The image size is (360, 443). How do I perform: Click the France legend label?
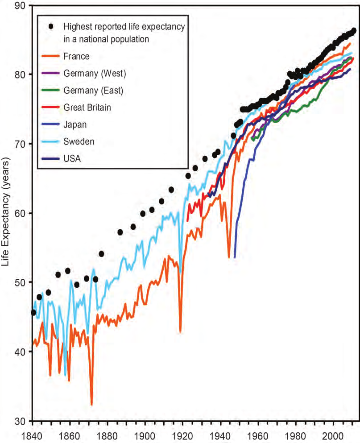(76, 56)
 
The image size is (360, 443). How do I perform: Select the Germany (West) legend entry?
(95, 73)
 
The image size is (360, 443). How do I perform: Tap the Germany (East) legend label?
(93, 90)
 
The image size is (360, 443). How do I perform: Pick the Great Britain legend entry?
(87, 108)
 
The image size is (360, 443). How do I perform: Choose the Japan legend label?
(74, 124)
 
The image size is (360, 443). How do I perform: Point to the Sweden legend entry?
(79, 141)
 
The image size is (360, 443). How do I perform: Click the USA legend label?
(72, 158)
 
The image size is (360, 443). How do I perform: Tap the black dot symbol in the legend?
(51, 27)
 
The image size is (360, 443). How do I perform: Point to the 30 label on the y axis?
(21, 421)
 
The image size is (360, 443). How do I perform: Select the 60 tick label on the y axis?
(21, 213)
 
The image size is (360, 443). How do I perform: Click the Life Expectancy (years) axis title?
(6, 213)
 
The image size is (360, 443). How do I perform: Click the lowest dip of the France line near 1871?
(91, 404)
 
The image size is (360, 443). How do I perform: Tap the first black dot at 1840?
(33, 312)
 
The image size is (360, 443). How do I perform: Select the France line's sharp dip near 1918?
(180, 331)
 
